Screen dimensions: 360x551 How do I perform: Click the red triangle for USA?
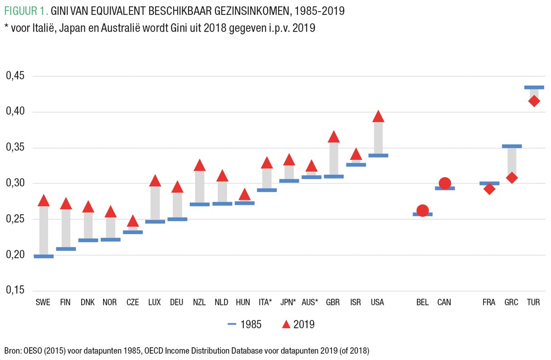(x=378, y=117)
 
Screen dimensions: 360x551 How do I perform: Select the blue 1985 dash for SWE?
(x=44, y=256)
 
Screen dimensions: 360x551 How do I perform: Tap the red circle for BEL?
(x=422, y=211)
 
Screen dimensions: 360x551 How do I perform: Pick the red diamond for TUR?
(x=534, y=101)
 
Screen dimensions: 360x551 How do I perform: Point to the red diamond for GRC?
(x=512, y=178)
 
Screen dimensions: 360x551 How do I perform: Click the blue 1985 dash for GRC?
(x=512, y=146)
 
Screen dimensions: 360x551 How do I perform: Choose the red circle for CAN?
(x=444, y=184)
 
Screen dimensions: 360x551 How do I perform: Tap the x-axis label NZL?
(x=199, y=303)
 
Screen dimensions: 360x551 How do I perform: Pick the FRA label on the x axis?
(x=489, y=303)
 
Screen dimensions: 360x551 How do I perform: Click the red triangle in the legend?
(x=286, y=325)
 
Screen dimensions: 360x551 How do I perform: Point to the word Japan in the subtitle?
(x=81, y=28)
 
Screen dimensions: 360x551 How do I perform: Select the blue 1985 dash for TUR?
(x=534, y=87)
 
